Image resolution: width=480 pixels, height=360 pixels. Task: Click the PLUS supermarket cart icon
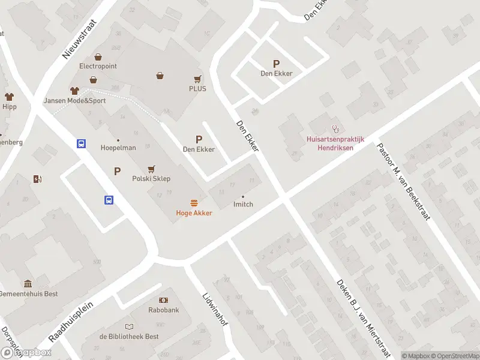click(197, 79)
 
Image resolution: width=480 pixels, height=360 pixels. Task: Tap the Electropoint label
click(98, 66)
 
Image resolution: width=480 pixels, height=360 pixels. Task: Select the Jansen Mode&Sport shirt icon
click(74, 91)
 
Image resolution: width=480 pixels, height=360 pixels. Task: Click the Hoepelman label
click(118, 148)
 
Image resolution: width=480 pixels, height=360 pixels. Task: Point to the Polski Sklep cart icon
click(151, 169)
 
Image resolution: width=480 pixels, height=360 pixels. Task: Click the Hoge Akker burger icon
click(194, 203)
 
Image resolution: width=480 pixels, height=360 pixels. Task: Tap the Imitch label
click(243, 204)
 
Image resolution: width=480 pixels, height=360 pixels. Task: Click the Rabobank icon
click(163, 300)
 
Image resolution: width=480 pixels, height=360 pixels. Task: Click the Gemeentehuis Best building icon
click(28, 283)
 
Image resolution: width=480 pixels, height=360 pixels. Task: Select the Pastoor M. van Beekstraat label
click(403, 181)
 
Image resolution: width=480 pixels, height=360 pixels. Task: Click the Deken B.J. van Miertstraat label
click(364, 319)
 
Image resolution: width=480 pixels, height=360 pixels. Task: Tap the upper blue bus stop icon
click(81, 144)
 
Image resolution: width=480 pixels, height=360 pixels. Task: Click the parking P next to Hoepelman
click(118, 172)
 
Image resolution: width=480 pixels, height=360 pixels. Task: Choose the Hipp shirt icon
click(9, 97)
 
